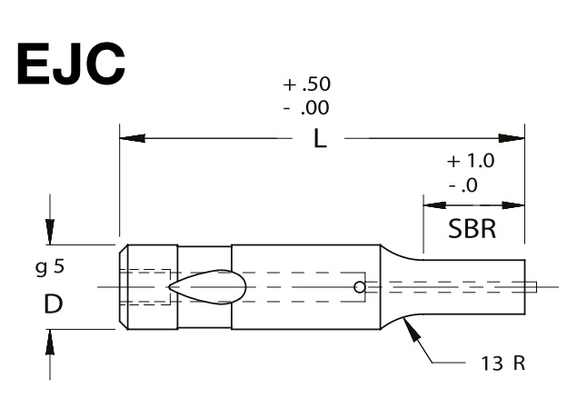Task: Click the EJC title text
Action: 71,64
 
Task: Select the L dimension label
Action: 320,139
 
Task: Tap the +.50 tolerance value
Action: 306,84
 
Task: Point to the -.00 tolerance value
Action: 306,108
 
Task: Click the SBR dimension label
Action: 473,228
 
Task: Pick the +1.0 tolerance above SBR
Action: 471,161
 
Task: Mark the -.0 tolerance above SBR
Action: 463,184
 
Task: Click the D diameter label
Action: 54,304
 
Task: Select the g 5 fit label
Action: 50,267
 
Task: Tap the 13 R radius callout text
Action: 503,363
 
